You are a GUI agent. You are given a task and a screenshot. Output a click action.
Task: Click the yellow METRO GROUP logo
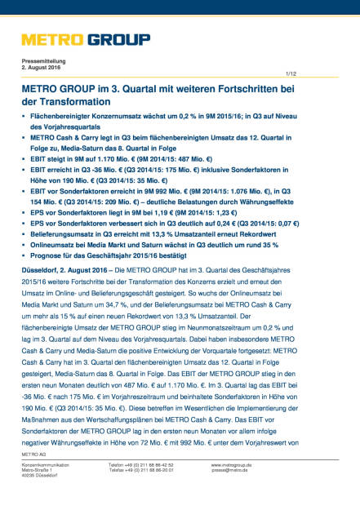[x=86, y=40]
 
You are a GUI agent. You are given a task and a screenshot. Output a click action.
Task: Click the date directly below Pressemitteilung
[x=42, y=70]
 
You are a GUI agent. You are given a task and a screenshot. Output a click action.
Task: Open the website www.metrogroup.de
[x=233, y=487]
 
